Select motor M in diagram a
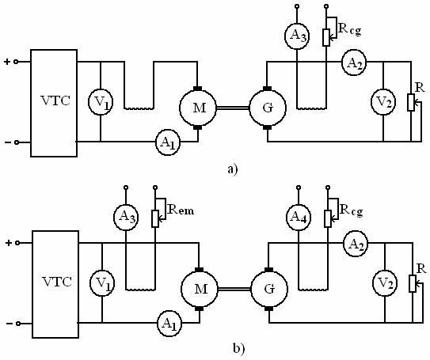(x=198, y=108)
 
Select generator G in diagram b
(x=269, y=289)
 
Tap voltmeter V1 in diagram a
(x=101, y=101)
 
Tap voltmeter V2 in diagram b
(x=385, y=283)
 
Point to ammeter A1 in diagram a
(x=168, y=142)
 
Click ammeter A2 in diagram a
(x=354, y=63)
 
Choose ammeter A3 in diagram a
(x=297, y=36)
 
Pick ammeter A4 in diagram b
(x=299, y=218)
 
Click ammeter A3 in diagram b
(x=126, y=218)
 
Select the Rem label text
(x=181, y=210)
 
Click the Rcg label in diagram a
(x=350, y=29)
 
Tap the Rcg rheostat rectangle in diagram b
(x=328, y=219)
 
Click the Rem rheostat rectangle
(x=155, y=219)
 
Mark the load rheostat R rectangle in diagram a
(x=410, y=102)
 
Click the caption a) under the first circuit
(x=233, y=169)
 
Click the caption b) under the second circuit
(x=238, y=348)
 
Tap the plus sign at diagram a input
(x=7, y=62)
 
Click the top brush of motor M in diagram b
(x=200, y=270)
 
